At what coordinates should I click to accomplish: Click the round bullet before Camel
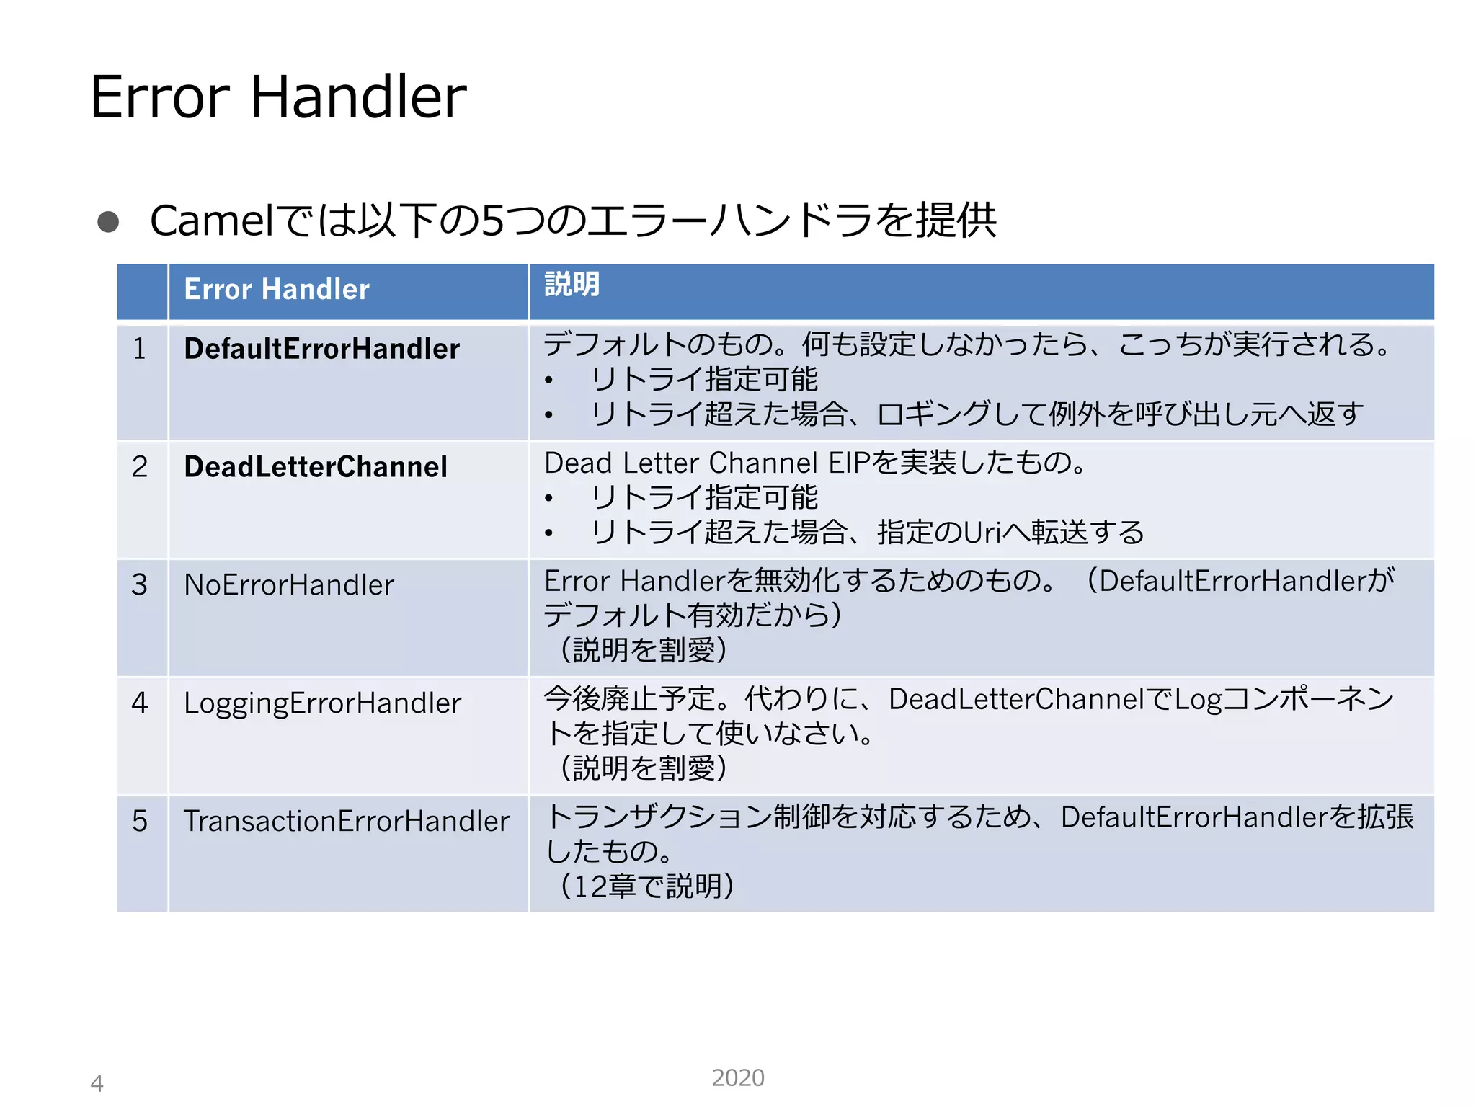pyautogui.click(x=108, y=221)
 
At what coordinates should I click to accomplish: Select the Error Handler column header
pyautogui.click(x=277, y=290)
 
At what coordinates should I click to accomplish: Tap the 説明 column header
pyautogui.click(x=572, y=284)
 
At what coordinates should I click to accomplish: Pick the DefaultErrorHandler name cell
pyautogui.click(x=321, y=349)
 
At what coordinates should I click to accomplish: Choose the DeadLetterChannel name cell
pyautogui.click(x=316, y=467)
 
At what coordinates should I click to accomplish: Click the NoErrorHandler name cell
pyautogui.click(x=289, y=584)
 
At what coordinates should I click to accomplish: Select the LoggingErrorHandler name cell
pyautogui.click(x=322, y=703)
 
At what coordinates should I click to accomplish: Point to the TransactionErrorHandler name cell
pyautogui.click(x=346, y=822)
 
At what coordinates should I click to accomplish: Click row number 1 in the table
pyautogui.click(x=140, y=349)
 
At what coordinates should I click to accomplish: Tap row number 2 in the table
pyautogui.click(x=140, y=467)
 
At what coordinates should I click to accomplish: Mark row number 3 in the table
pyautogui.click(x=140, y=584)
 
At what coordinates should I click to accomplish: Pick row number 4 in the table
pyautogui.click(x=140, y=703)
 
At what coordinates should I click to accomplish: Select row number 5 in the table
pyautogui.click(x=140, y=821)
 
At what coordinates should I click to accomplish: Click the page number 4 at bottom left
pyautogui.click(x=97, y=1083)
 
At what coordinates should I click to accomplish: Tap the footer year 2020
pyautogui.click(x=737, y=1077)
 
